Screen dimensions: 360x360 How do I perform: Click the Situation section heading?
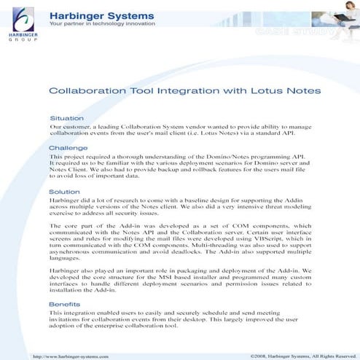(66, 117)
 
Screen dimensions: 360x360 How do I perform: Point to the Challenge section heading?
(67, 148)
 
